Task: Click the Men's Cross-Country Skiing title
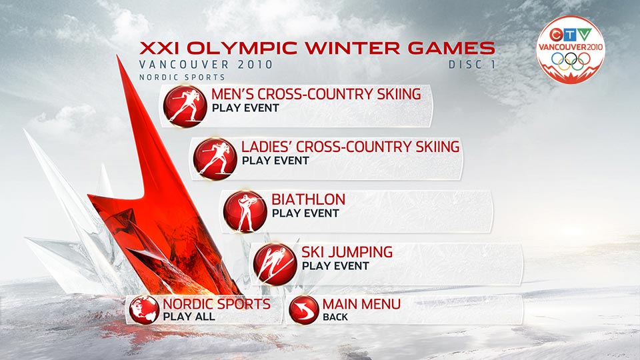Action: tap(316, 94)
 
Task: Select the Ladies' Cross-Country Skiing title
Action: tap(351, 147)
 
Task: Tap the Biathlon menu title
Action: tap(308, 199)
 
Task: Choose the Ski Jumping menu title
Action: tap(347, 252)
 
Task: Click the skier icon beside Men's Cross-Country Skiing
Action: tap(185, 106)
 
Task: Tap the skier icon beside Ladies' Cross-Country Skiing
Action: tap(215, 159)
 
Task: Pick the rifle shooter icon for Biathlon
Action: tap(245, 211)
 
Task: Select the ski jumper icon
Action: tap(275, 264)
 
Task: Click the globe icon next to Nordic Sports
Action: tap(144, 310)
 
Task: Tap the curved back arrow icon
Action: tap(304, 310)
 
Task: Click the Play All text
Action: tap(189, 317)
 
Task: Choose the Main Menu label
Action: tap(361, 304)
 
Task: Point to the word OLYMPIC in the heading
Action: tap(242, 48)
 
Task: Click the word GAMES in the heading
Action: tap(451, 48)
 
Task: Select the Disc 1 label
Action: tap(472, 65)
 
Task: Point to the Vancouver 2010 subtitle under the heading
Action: tap(206, 65)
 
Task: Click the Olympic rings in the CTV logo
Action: tap(571, 61)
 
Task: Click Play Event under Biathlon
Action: tap(305, 213)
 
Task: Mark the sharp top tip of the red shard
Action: tap(117, 56)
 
